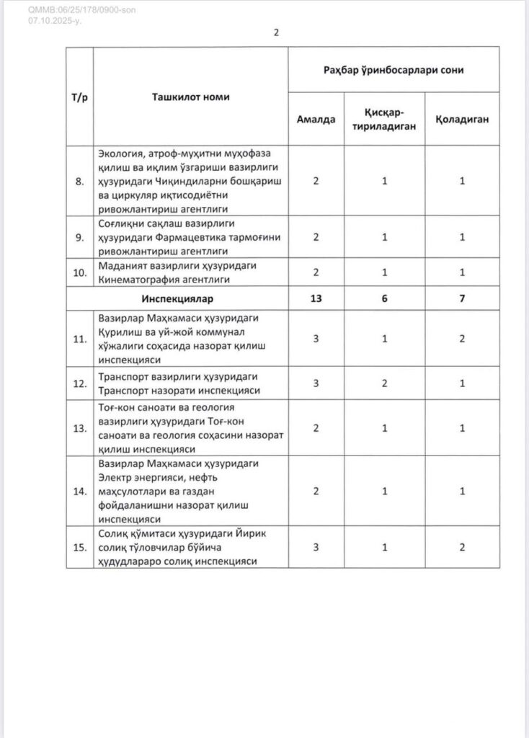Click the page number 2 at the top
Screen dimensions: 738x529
277,32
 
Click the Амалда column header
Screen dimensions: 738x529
316,119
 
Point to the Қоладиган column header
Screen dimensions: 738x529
462,119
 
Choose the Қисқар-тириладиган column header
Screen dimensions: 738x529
386,119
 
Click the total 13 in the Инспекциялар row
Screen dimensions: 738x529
316,298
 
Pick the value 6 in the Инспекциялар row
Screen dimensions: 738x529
386,298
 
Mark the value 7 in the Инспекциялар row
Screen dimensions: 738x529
462,298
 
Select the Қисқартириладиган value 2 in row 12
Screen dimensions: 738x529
386,383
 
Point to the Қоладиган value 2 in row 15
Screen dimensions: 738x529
462,547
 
